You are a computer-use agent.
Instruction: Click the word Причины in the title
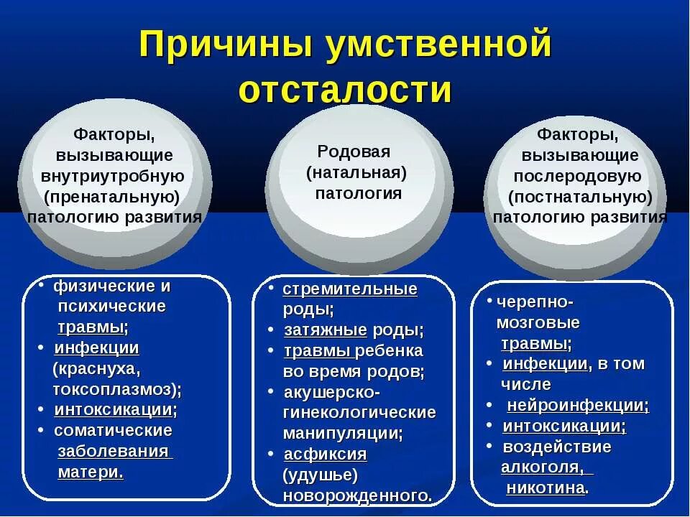click(224, 45)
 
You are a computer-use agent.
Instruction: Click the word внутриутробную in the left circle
click(113, 176)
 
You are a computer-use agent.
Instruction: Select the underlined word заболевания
click(114, 452)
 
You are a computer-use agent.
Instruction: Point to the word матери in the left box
click(88, 472)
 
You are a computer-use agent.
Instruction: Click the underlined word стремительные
click(350, 289)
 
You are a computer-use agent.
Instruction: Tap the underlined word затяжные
click(326, 331)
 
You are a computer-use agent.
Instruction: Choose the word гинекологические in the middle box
click(359, 413)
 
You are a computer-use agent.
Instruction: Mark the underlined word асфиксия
click(326, 455)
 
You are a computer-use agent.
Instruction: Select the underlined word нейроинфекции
click(577, 405)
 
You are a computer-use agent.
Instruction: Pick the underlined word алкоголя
click(542, 467)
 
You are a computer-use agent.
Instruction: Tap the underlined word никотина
click(545, 488)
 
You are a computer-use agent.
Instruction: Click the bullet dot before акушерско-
click(270, 391)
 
